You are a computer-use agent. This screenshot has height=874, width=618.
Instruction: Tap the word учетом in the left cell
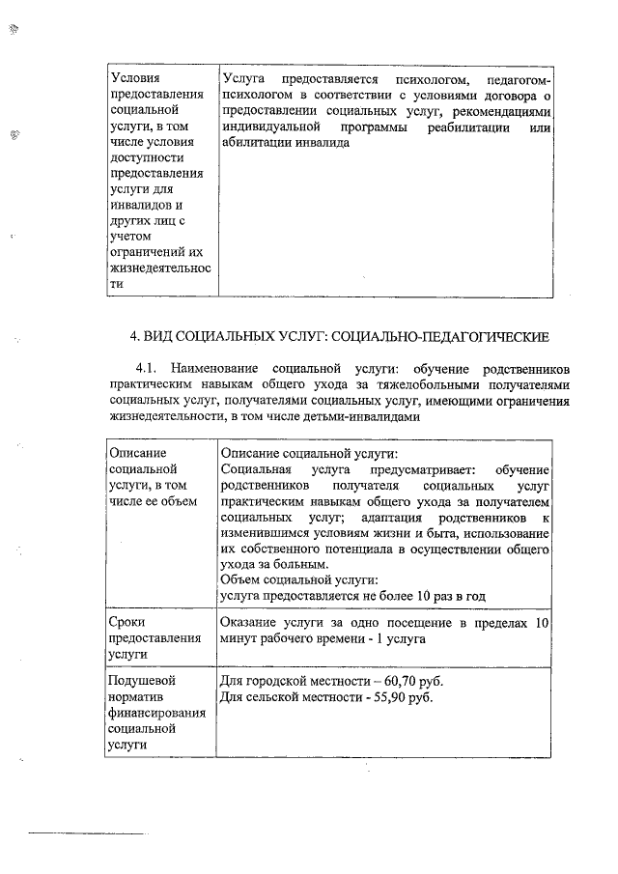[x=133, y=237]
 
